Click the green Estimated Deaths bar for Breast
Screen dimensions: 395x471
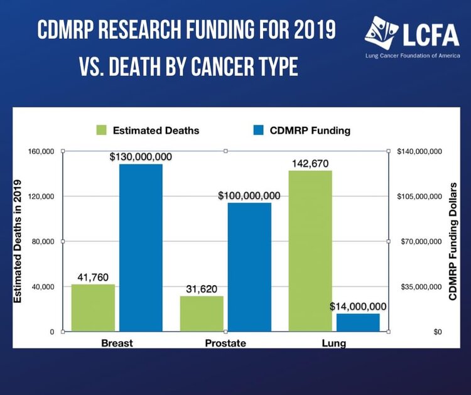coord(93,308)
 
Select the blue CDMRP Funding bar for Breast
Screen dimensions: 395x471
coord(141,247)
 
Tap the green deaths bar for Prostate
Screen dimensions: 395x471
coord(202,313)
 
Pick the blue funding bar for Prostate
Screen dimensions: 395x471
coord(249,267)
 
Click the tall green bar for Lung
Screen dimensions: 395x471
coord(310,251)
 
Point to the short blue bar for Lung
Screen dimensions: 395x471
coord(358,322)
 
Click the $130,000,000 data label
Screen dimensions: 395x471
coord(141,156)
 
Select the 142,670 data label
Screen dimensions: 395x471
coord(310,163)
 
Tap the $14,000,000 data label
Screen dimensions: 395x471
coord(358,306)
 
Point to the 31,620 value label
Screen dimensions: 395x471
coord(202,289)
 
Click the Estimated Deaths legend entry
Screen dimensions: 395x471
coord(148,131)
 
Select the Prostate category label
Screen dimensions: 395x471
coord(225,344)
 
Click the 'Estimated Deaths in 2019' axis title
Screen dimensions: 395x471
coord(19,242)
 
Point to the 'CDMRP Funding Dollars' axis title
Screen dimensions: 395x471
coord(452,242)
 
